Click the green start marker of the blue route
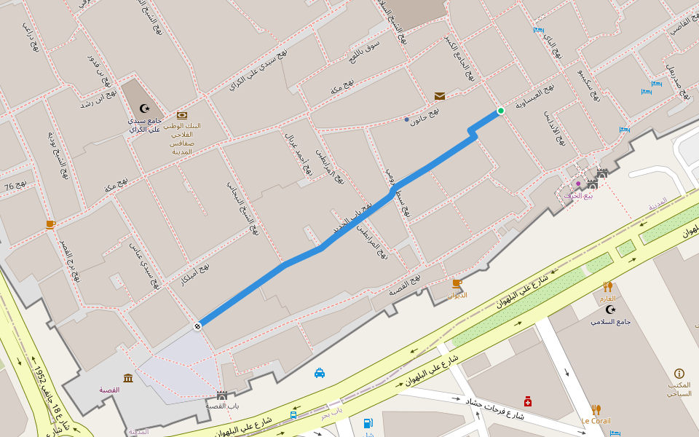tap(501, 111)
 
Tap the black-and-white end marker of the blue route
tap(197, 326)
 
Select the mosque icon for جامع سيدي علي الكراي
tap(144, 108)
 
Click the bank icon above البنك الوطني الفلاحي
tap(181, 115)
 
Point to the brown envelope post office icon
tap(440, 96)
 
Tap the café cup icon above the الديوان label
tap(457, 283)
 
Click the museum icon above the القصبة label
tap(128, 378)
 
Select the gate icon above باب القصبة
tap(222, 395)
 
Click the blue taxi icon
tap(320, 373)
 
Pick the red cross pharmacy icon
tap(528, 401)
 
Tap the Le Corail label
tap(596, 421)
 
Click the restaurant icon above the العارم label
tap(607, 287)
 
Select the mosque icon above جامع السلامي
tap(610, 310)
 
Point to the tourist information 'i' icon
tap(679, 373)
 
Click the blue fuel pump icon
tap(368, 423)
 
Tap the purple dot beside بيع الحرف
tap(578, 184)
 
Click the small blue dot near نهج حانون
tap(407, 119)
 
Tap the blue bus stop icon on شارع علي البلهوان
tap(293, 415)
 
